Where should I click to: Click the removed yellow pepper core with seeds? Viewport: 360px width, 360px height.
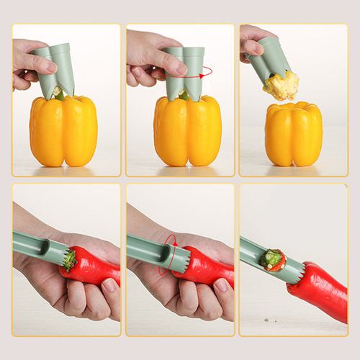point(281,85)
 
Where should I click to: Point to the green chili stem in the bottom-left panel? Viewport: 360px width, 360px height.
point(69,258)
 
